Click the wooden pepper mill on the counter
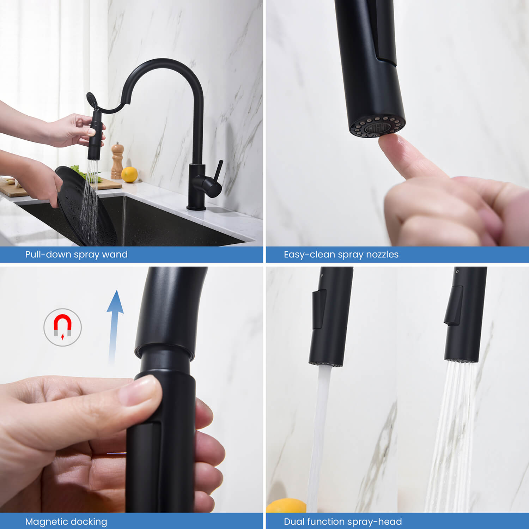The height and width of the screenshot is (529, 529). pyautogui.click(x=117, y=161)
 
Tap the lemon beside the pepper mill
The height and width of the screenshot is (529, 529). pyautogui.click(x=129, y=175)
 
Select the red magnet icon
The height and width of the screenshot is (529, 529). pyautogui.click(x=62, y=325)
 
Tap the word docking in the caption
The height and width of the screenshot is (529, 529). pyautogui.click(x=90, y=522)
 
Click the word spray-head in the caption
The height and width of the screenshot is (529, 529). pyautogui.click(x=379, y=522)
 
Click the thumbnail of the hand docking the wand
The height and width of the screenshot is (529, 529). pyautogui.click(x=132, y=390)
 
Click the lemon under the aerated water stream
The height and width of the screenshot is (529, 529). pyautogui.click(x=286, y=505)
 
